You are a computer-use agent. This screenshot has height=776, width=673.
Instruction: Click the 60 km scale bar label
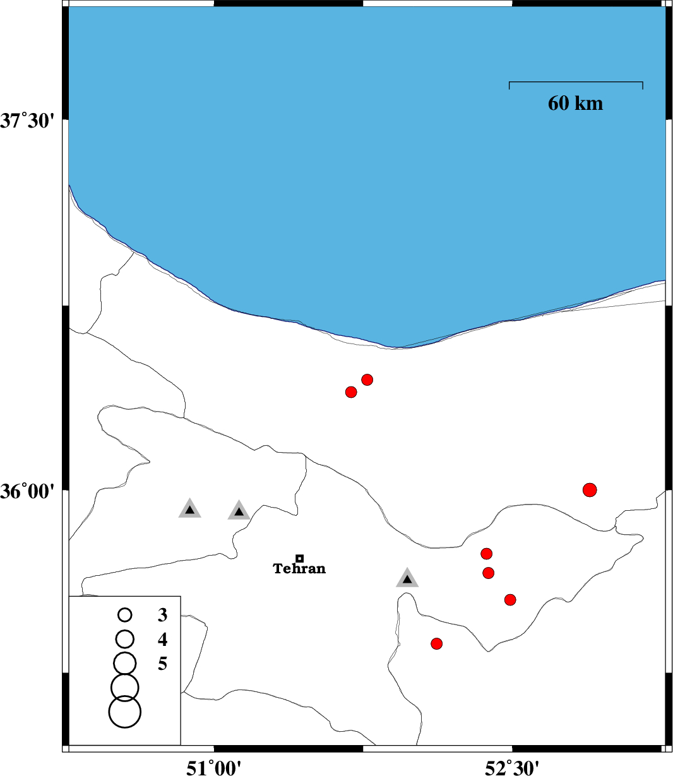point(575,103)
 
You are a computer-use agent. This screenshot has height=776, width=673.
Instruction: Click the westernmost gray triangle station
point(189,509)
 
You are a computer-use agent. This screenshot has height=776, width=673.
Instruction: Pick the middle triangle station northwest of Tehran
point(239,511)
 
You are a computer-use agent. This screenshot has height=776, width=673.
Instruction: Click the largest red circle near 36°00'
point(590,490)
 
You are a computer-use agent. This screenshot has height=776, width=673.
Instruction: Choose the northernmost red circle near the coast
point(367,379)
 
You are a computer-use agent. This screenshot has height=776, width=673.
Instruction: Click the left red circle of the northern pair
point(351,392)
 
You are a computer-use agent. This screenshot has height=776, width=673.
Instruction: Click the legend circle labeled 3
point(125,615)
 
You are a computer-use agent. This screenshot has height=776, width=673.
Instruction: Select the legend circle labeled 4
point(125,639)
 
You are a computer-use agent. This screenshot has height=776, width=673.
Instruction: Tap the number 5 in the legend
point(163,664)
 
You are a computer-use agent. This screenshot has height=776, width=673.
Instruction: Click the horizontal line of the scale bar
point(576,81)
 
